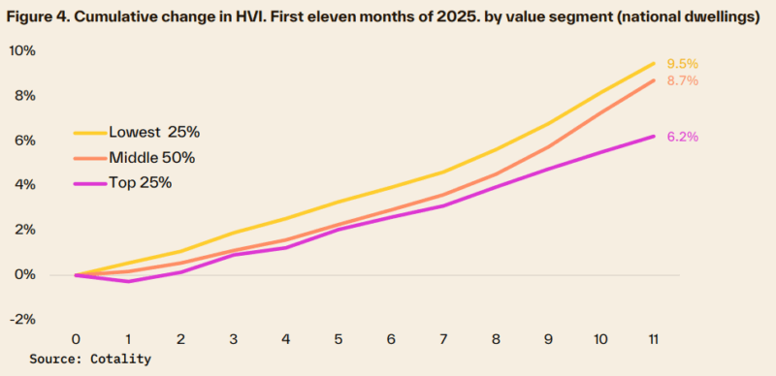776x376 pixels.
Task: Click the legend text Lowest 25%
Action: (x=155, y=132)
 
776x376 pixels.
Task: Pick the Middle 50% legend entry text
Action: (x=158, y=157)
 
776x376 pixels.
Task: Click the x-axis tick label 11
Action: (x=654, y=338)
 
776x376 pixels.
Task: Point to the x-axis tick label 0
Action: (x=76, y=338)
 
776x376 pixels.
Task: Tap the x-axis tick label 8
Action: (x=496, y=338)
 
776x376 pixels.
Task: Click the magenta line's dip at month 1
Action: (x=128, y=281)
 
